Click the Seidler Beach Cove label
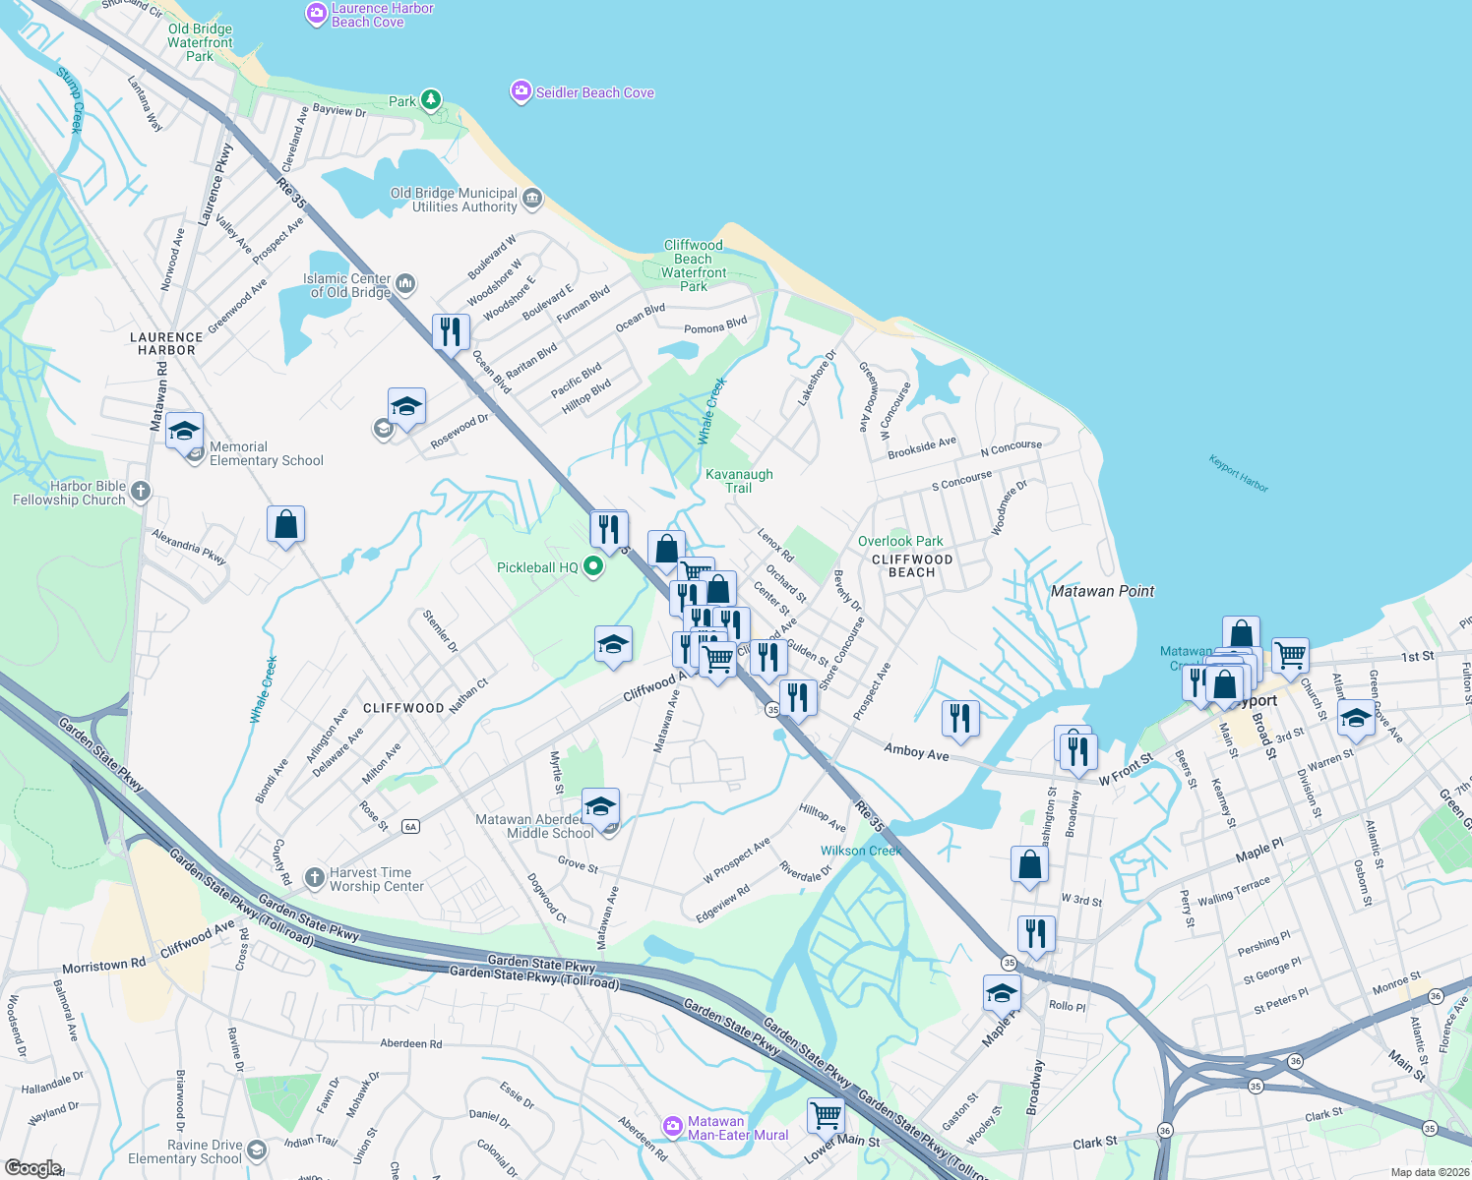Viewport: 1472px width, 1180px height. [x=594, y=92]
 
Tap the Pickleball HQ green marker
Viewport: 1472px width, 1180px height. [x=593, y=566]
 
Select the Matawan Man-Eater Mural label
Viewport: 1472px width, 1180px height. [x=738, y=1128]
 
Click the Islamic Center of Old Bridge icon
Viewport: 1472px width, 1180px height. [x=405, y=284]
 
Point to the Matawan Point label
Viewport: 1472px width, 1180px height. [x=1102, y=591]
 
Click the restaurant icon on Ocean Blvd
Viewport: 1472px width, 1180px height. [x=451, y=331]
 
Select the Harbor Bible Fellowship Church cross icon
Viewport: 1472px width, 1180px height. [x=141, y=491]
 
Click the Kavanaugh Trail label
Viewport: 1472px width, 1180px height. [x=739, y=481]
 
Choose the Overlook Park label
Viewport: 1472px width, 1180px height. [x=900, y=541]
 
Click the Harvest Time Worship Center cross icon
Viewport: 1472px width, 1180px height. [x=314, y=877]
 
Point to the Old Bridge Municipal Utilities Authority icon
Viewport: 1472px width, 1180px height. [x=532, y=199]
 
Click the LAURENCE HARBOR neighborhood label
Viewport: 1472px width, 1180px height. [x=166, y=343]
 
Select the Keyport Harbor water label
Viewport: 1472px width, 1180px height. [x=1239, y=473]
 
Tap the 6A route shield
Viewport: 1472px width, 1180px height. [x=411, y=826]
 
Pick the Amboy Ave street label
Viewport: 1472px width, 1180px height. [x=916, y=751]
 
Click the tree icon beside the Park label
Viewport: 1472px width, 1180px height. [x=430, y=99]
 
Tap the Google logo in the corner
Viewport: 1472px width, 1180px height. [x=32, y=1167]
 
